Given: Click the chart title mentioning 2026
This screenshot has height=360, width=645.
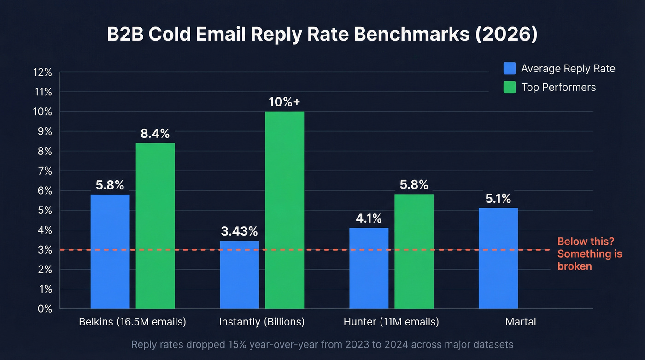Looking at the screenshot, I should click(x=322, y=35).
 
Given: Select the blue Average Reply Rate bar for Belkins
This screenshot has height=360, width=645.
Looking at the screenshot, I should click(x=110, y=251).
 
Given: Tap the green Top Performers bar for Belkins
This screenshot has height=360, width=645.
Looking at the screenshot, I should click(x=155, y=226).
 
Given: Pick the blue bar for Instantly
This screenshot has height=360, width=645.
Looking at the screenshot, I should click(x=239, y=275).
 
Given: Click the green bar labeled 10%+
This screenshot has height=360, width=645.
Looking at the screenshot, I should click(x=284, y=210).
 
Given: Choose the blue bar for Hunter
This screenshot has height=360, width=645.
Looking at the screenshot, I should click(x=369, y=268).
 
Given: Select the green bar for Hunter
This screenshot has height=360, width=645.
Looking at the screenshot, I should click(x=414, y=251).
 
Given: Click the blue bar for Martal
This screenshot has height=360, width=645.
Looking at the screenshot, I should click(x=498, y=258).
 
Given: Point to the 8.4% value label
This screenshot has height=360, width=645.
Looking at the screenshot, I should click(x=155, y=134).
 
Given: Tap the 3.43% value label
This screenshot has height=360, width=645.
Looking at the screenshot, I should click(x=239, y=231).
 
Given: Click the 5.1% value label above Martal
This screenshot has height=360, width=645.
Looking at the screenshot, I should click(x=498, y=199).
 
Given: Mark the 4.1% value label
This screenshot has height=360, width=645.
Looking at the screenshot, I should click(x=369, y=218).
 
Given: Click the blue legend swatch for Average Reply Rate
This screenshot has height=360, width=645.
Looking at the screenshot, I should click(x=510, y=69).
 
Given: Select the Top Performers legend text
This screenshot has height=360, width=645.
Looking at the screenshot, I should click(x=558, y=87).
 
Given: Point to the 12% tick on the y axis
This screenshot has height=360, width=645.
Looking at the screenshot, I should click(x=42, y=72).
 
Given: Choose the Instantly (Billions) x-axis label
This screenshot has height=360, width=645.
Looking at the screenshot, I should click(x=262, y=322).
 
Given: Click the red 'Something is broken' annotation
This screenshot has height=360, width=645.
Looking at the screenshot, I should click(x=589, y=254).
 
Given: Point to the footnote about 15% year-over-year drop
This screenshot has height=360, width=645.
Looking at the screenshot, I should click(x=322, y=344).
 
